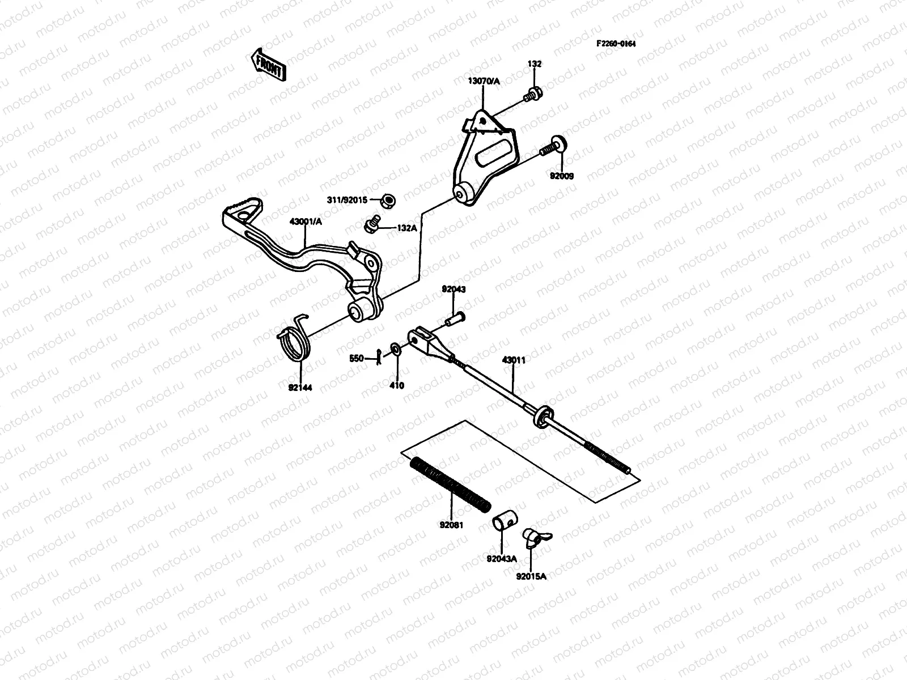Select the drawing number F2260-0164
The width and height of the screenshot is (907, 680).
point(615,44)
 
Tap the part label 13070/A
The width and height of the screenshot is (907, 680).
point(484,82)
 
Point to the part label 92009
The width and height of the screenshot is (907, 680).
point(561,176)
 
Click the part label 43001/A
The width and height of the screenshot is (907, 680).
point(306,222)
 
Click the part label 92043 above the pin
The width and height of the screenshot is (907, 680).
point(453,289)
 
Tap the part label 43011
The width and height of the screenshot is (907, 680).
point(514,360)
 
